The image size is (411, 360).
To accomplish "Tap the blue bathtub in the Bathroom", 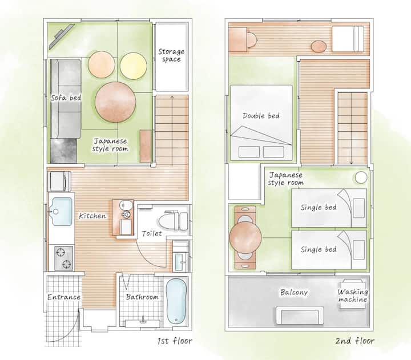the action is pos(176,301).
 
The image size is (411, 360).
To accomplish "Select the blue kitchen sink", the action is pos(62,212).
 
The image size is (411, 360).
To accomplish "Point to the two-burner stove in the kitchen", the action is pos(64,258).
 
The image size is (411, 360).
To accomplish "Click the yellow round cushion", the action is pos(134,66).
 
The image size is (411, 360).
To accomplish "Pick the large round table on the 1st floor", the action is pos(115,102).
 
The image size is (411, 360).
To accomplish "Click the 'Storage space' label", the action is pos(171,55).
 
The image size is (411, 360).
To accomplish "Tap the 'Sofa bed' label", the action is pos(66,98).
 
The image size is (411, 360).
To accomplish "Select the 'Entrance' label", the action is pos(64,297).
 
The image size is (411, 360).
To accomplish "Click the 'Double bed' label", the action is pos(261,116).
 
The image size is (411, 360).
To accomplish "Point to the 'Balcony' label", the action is pos(294,292).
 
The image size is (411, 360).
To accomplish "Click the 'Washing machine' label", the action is pos(353,296).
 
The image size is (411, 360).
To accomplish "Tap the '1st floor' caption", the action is pos(175,341).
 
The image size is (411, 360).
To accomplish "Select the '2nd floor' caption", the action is pos(355,341).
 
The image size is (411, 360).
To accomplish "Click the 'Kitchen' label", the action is pos(92,216).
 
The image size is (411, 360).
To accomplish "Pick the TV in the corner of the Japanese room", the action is pos(62,37).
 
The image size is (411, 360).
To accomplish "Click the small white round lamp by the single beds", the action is pos(361,177).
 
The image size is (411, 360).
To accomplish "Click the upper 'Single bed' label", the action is pos(319,207).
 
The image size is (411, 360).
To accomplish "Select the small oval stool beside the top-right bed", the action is pos(319,47).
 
